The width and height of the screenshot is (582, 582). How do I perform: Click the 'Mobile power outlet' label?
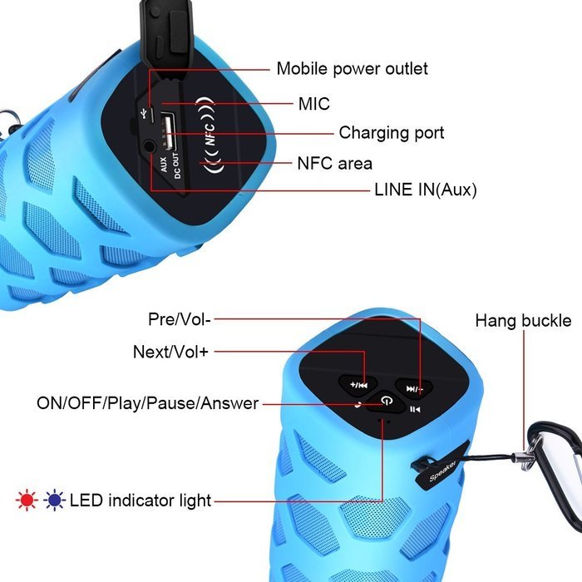click(x=352, y=69)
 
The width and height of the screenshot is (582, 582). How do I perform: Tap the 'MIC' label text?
click(x=314, y=104)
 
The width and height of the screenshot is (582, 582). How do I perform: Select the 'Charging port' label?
click(x=392, y=133)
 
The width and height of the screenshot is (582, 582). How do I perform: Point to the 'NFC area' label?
click(x=334, y=163)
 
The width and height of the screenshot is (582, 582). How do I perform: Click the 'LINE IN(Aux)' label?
click(x=426, y=190)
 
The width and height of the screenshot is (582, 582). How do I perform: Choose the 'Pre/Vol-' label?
click(x=180, y=319)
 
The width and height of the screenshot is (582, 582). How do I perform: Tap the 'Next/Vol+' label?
click(x=170, y=352)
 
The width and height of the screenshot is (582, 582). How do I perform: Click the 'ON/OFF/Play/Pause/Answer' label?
click(x=147, y=403)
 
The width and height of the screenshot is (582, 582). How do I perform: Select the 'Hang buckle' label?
click(x=523, y=321)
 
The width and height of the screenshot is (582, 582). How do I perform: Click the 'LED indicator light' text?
click(x=141, y=501)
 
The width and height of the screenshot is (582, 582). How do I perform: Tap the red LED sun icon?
click(x=27, y=501)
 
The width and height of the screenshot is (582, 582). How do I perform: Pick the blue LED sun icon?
click(x=54, y=501)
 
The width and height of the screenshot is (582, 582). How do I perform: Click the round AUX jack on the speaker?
click(x=149, y=145)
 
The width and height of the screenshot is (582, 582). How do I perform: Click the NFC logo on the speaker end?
click(x=210, y=135)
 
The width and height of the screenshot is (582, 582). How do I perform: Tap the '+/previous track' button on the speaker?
click(x=358, y=385)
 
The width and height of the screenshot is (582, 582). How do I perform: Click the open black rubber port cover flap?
click(x=168, y=37)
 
